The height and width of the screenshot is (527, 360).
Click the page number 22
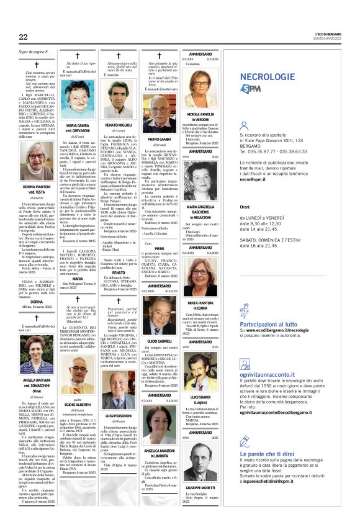pos(23,37)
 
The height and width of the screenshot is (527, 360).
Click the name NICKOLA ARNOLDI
pos(200,114)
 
